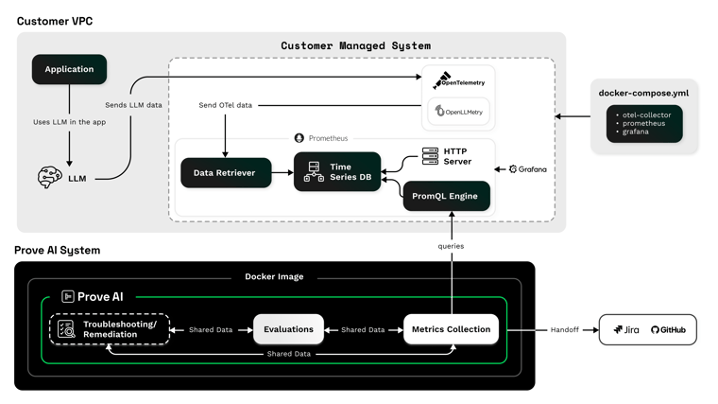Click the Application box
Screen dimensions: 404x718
click(x=69, y=69)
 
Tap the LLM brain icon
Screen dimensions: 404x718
click(x=50, y=177)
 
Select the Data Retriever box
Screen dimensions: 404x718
click(x=225, y=173)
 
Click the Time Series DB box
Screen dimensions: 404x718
click(x=337, y=172)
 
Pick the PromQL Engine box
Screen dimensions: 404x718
click(x=446, y=196)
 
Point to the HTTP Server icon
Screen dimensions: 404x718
click(x=430, y=156)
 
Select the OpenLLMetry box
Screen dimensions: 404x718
click(x=459, y=112)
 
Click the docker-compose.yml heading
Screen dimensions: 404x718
click(x=643, y=94)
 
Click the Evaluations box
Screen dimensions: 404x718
click(x=288, y=329)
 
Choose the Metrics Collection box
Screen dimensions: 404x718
click(x=451, y=329)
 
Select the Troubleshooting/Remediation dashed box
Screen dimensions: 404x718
click(x=110, y=329)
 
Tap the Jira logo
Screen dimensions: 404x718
click(x=625, y=330)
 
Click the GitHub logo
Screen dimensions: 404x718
click(x=668, y=330)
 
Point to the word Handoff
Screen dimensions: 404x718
click(x=564, y=330)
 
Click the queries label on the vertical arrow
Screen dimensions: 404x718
click(x=451, y=246)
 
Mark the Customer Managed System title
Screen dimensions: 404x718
click(x=355, y=45)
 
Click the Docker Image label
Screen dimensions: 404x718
click(x=274, y=277)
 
